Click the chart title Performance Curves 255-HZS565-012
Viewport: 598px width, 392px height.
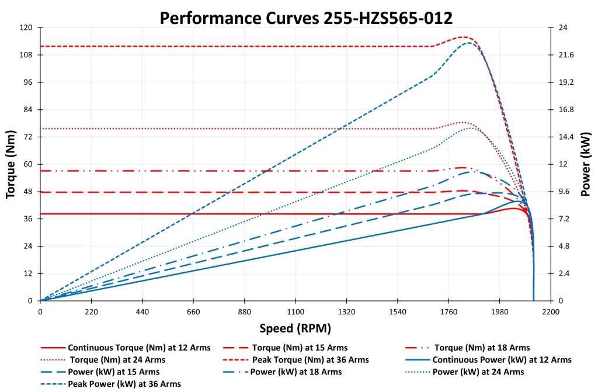tap(306, 18)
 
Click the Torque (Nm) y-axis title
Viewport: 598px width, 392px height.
tap(11, 164)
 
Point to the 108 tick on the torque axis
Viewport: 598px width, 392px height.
tap(27, 55)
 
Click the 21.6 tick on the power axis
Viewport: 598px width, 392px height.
tap(566, 55)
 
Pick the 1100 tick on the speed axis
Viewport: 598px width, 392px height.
tap(295, 312)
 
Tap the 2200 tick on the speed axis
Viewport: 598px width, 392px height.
tap(550, 312)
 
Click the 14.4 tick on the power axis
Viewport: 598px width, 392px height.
tap(566, 137)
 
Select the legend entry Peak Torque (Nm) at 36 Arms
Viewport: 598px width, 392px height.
tap(310, 360)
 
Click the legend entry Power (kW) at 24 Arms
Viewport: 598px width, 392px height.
tap(477, 372)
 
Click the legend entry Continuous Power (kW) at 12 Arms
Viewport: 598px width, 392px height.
tap(500, 360)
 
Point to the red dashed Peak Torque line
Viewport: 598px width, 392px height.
tap(234, 46)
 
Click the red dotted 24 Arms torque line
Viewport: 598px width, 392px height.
tap(234, 129)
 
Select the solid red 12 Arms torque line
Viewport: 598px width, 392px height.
tap(234, 214)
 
